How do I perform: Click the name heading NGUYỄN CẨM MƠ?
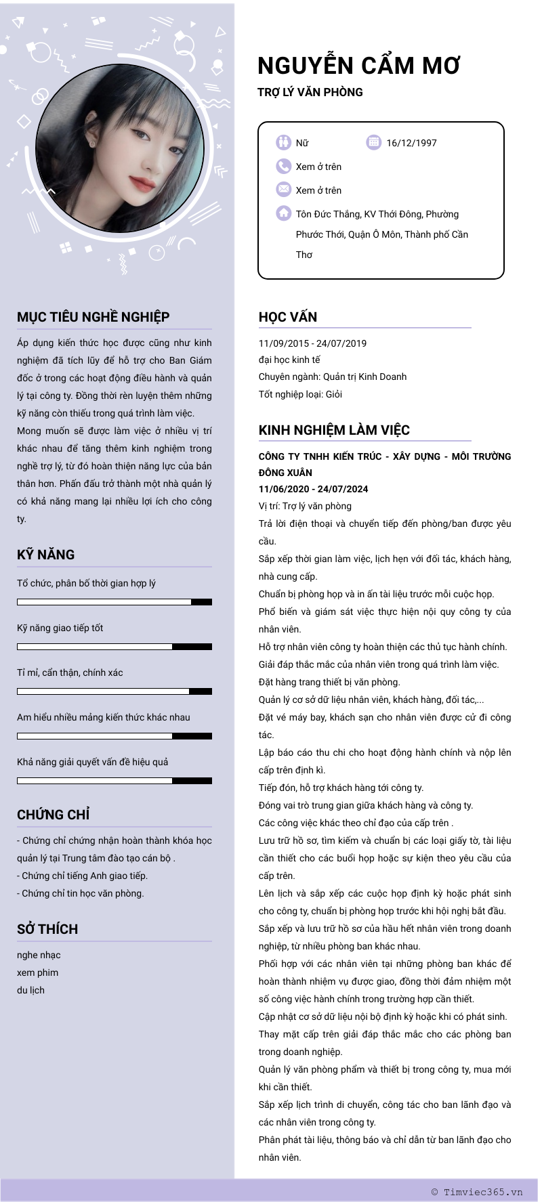tap(358, 66)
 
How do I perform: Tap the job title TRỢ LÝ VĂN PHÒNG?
tap(310, 92)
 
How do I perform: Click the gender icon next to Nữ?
tap(283, 142)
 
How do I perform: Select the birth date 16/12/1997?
tap(411, 143)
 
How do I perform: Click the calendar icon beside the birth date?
tap(373, 142)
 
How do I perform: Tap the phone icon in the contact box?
tap(283, 167)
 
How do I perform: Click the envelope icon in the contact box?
tap(283, 190)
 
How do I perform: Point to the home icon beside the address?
tap(283, 213)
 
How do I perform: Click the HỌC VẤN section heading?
tap(288, 317)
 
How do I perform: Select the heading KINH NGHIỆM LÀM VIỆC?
tap(334, 430)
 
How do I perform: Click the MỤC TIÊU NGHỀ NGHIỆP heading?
tap(93, 317)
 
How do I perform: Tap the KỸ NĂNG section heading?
tap(46, 555)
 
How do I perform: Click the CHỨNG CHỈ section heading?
tap(54, 815)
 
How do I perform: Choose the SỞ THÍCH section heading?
tap(47, 929)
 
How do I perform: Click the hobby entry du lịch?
tap(30, 990)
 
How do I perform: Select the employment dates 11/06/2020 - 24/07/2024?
tap(313, 489)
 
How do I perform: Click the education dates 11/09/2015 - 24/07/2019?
tap(312, 343)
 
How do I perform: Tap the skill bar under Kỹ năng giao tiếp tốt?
tap(114, 647)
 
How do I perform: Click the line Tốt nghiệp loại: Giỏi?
tap(300, 394)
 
